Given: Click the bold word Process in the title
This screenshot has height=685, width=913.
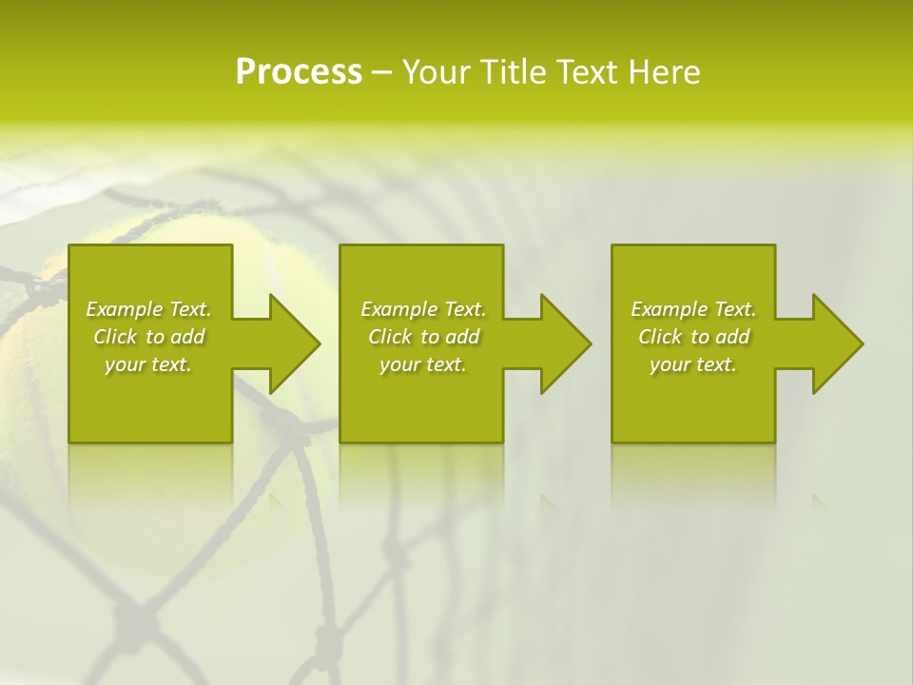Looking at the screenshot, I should [x=299, y=72].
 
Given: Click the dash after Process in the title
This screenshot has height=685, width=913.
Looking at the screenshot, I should [x=382, y=73].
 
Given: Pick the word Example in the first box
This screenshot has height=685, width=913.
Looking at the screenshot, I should [x=125, y=309].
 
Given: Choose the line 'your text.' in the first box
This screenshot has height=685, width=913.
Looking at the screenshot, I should [x=148, y=364].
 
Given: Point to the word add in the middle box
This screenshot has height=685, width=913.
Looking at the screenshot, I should [x=462, y=337].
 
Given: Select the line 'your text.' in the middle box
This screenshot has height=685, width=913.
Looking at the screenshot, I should [x=422, y=364].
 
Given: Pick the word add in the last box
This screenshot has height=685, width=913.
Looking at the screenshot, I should [x=732, y=337].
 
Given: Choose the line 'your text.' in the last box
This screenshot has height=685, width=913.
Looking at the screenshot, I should [x=693, y=364].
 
